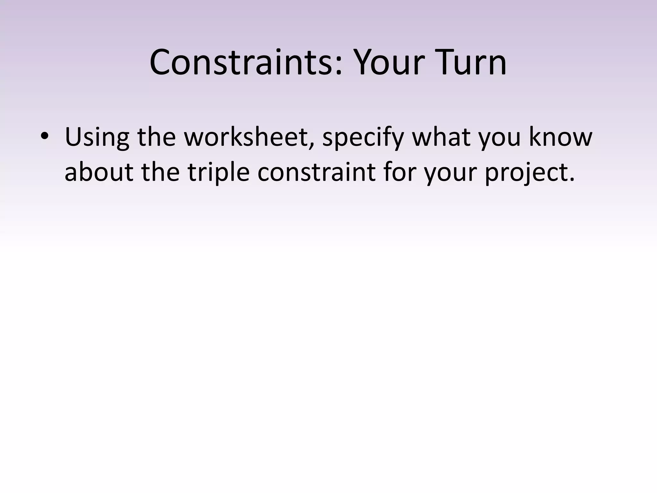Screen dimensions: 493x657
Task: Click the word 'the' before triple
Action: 160,172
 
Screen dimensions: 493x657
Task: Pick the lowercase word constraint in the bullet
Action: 316,172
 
